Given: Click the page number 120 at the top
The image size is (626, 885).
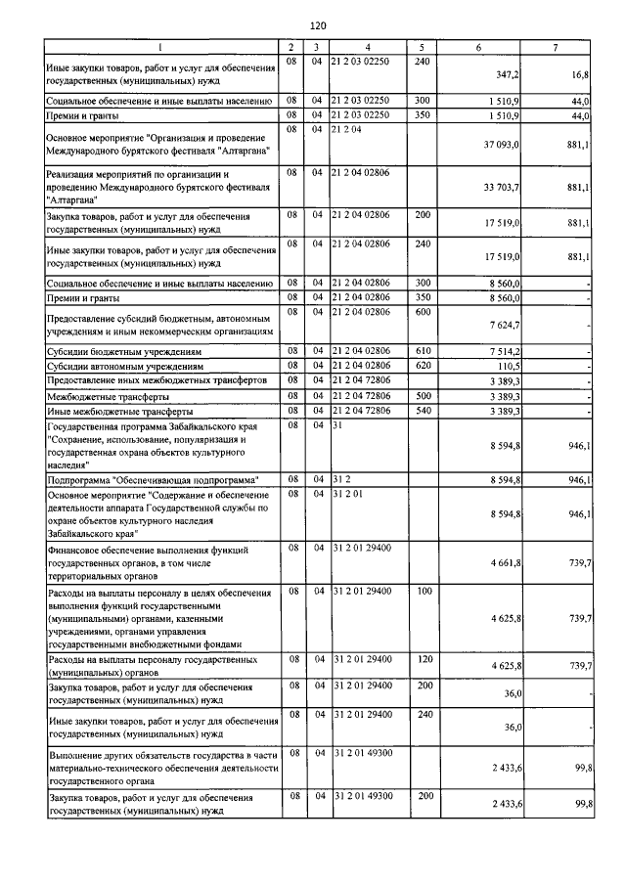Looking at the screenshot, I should (x=317, y=25).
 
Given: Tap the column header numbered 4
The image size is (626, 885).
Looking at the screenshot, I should (x=367, y=46).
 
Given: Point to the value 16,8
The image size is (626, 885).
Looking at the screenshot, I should (x=579, y=74).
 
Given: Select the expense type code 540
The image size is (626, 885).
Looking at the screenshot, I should (x=422, y=411).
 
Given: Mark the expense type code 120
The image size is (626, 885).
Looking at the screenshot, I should (x=422, y=660).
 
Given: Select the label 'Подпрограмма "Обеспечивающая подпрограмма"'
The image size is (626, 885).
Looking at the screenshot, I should (x=152, y=480).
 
